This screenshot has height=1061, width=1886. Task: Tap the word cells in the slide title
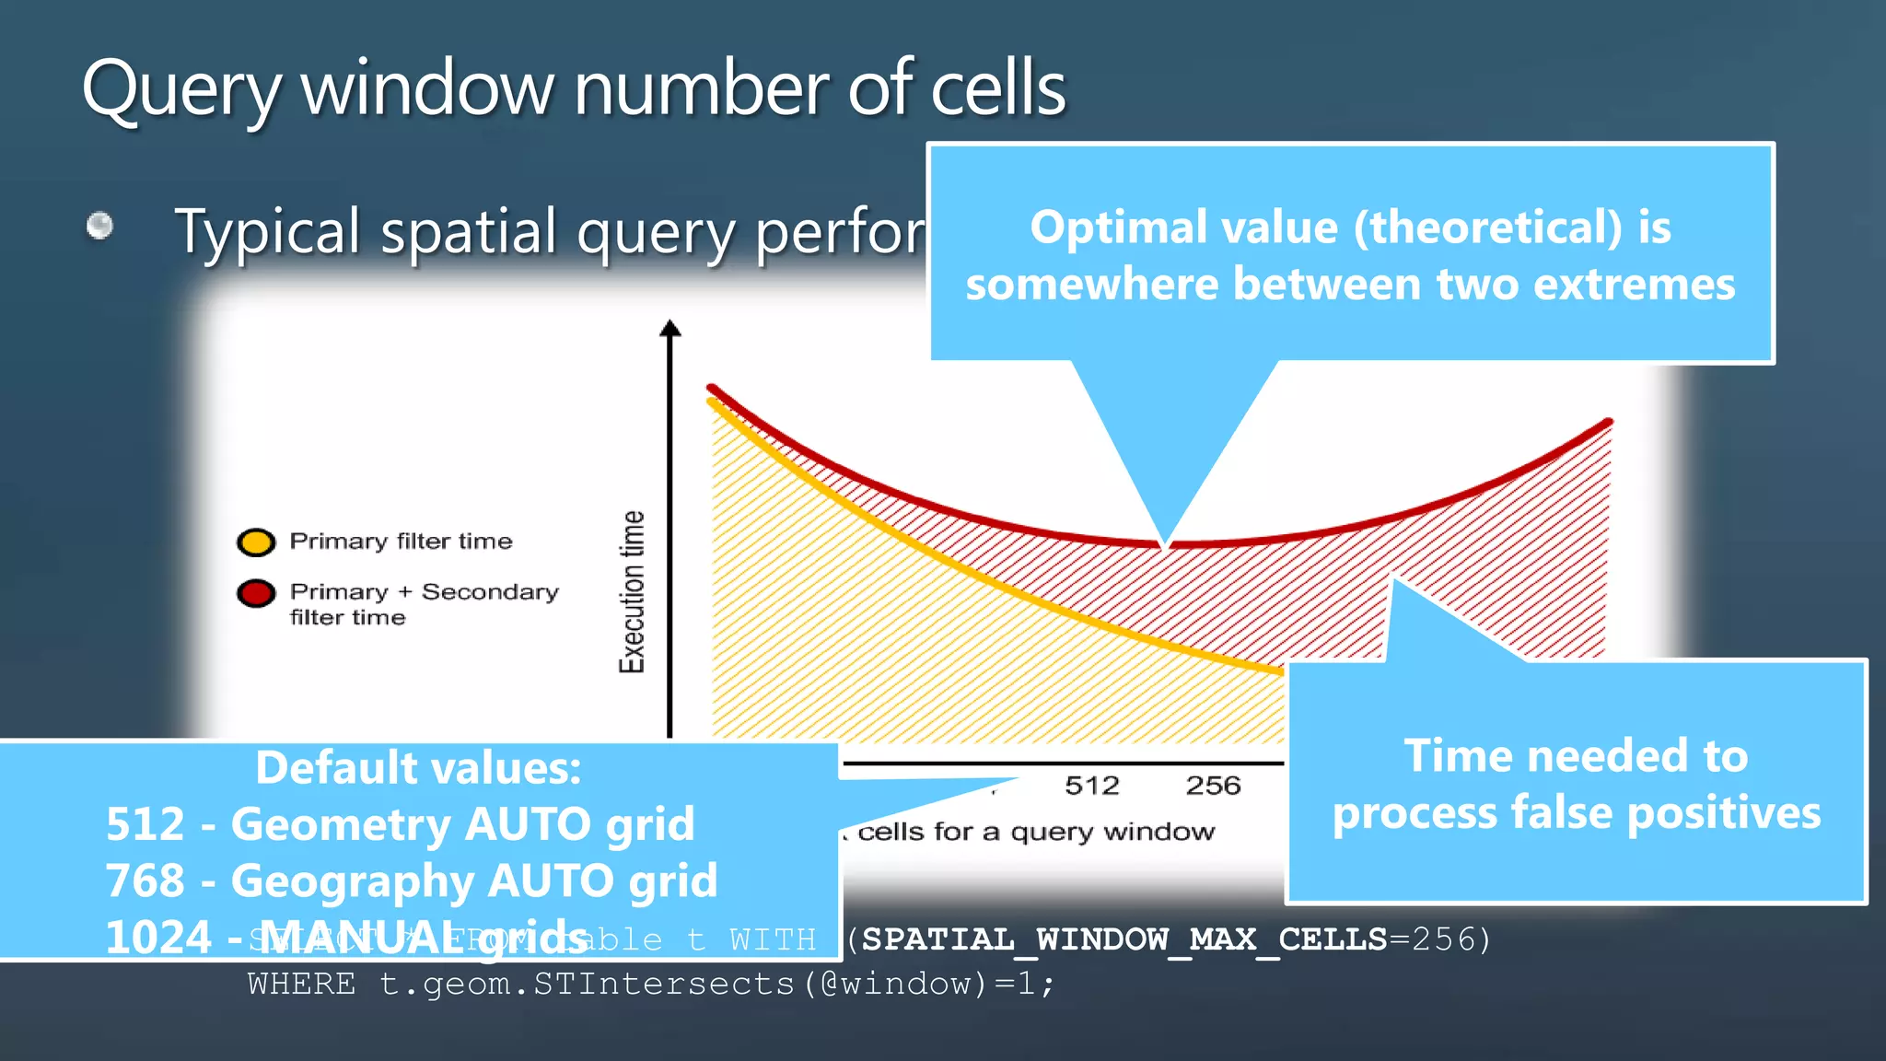tap(997, 89)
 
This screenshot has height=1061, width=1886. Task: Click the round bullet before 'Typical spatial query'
tap(99, 226)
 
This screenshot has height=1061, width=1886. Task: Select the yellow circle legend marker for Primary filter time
tap(256, 542)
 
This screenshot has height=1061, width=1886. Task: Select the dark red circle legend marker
tap(256, 593)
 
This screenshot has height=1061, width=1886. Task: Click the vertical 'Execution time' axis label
tap(632, 591)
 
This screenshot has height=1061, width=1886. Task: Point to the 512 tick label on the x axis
tap(1091, 786)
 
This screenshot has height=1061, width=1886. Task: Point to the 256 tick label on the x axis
tap(1213, 786)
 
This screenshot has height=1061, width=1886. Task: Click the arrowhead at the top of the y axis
tap(670, 329)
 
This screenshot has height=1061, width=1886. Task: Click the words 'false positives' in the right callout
tap(1666, 813)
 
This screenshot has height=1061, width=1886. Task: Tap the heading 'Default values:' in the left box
tap(418, 768)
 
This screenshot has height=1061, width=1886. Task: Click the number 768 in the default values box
tap(146, 881)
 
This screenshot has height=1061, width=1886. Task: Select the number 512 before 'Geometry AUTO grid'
tap(146, 824)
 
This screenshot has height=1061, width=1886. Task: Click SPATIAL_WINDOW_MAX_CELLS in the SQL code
tap(1123, 939)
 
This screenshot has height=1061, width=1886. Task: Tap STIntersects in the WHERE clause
tap(663, 985)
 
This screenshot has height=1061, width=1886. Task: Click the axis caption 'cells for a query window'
tap(1035, 833)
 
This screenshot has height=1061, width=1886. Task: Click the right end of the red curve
tap(1608, 423)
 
